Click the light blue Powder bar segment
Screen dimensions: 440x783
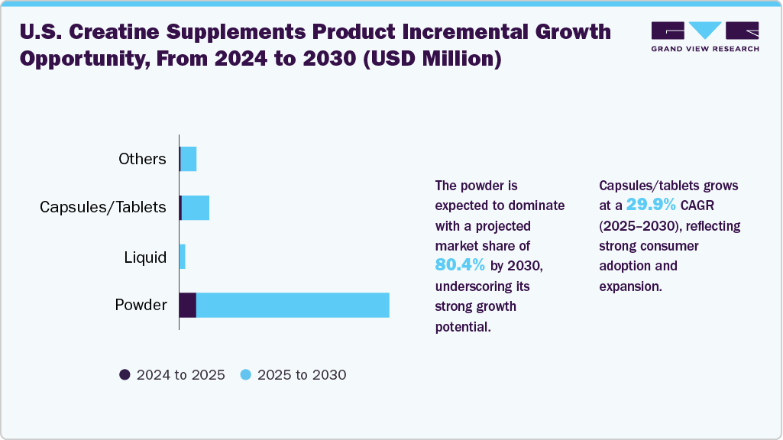(293, 305)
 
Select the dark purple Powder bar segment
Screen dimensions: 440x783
(188, 305)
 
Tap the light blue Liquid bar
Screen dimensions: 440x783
(183, 257)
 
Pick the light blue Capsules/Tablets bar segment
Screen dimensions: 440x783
(196, 208)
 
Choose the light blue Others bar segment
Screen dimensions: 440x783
(189, 159)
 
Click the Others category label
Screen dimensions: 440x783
(142, 159)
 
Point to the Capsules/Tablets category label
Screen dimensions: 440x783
(103, 208)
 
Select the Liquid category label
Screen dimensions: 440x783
(145, 257)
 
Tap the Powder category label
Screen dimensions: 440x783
(141, 305)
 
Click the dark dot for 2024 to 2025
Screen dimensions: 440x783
(125, 374)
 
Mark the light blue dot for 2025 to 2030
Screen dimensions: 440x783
(245, 374)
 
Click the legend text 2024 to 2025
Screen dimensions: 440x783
(180, 375)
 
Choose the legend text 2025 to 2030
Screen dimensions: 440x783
(302, 375)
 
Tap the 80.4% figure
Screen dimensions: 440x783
(460, 265)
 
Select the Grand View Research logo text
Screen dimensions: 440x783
(705, 49)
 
